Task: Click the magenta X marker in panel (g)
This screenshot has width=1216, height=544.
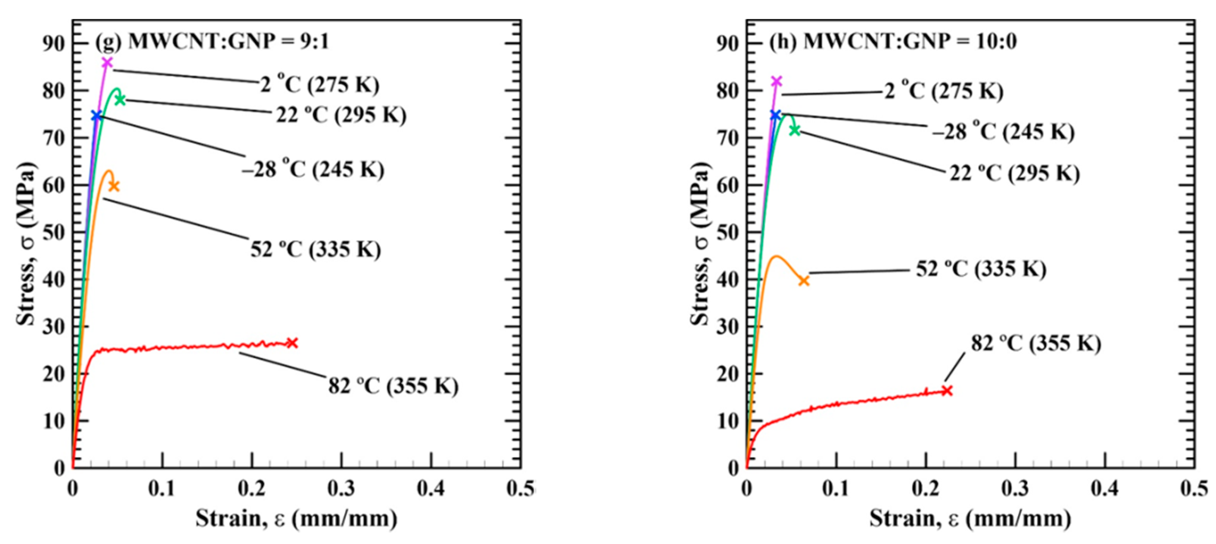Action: [107, 63]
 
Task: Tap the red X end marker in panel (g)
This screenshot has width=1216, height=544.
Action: [292, 343]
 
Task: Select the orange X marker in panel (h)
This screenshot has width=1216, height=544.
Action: [804, 281]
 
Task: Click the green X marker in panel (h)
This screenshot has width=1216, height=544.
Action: [795, 130]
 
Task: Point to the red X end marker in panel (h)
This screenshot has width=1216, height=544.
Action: [947, 390]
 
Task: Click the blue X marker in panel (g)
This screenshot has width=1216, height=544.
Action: [96, 116]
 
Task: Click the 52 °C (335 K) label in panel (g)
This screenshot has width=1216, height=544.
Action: [315, 249]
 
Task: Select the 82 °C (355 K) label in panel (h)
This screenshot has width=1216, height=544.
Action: [1036, 343]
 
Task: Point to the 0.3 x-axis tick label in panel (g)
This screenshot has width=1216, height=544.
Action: [341, 489]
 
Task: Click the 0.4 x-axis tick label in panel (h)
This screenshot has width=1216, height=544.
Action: [1105, 489]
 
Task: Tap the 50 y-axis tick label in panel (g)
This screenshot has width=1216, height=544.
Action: [53, 233]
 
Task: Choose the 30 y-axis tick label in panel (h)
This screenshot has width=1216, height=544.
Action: [727, 327]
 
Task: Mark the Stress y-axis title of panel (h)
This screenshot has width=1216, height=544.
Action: [700, 244]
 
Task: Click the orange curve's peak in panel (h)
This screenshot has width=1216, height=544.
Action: [776, 256]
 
